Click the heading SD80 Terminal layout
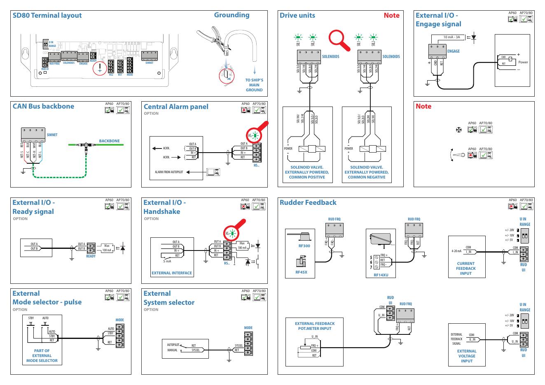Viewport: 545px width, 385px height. click(x=47, y=16)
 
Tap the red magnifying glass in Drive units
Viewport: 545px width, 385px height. click(x=338, y=40)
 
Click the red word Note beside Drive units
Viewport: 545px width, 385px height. click(x=391, y=16)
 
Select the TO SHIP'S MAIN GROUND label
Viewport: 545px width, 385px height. click(x=254, y=85)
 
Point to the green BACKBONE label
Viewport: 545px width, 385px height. click(x=109, y=141)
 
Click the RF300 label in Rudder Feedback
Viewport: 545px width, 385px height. click(x=304, y=246)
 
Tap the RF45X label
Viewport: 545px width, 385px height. click(x=302, y=272)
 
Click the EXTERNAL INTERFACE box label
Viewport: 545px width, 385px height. click(x=172, y=273)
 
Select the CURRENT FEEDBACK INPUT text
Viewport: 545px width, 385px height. click(x=465, y=269)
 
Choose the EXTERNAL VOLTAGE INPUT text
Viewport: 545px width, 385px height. click(x=466, y=356)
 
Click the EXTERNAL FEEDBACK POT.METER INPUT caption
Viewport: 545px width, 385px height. click(x=315, y=326)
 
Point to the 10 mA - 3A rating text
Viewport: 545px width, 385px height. click(x=451, y=37)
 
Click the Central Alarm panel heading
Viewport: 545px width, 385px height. click(x=176, y=107)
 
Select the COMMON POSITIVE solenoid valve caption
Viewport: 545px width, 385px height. click(x=307, y=172)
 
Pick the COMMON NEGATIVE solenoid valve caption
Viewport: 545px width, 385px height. click(x=366, y=172)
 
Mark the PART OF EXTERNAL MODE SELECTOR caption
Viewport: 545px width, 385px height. click(x=42, y=356)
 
